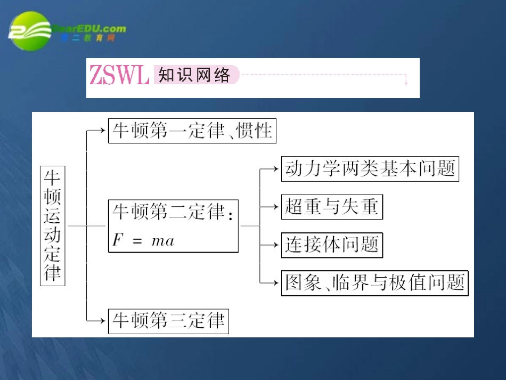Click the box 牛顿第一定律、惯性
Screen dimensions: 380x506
click(x=192, y=131)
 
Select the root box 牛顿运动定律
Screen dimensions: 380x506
click(x=53, y=225)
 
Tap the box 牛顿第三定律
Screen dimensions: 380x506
click(x=168, y=321)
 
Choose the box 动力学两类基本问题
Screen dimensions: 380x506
click(x=370, y=168)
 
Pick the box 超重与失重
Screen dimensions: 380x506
click(x=331, y=207)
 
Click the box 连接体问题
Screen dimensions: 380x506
click(x=331, y=245)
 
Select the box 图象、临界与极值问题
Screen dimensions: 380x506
click(x=374, y=282)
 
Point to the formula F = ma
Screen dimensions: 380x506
click(x=143, y=240)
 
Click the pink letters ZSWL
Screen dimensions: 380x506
click(x=119, y=76)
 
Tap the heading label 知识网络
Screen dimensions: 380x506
click(x=195, y=75)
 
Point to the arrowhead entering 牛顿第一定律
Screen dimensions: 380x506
click(x=104, y=130)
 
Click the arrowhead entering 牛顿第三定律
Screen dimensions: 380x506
click(x=104, y=320)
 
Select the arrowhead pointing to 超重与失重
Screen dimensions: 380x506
click(x=277, y=206)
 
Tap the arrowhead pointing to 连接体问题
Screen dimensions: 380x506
click(x=277, y=244)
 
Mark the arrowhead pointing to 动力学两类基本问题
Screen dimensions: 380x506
click(x=277, y=168)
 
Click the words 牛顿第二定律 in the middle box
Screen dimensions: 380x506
click(x=168, y=212)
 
